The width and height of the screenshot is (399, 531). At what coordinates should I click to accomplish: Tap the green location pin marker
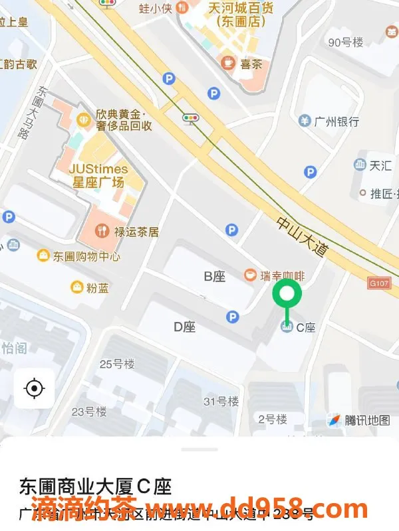point(287,294)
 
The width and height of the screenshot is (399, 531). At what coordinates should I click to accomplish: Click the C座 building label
point(305,327)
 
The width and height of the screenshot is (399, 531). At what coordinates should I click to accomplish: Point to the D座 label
point(184,327)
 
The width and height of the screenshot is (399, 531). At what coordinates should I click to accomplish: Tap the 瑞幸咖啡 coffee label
point(282,275)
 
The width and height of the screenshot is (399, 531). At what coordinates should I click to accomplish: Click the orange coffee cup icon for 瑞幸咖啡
point(250,275)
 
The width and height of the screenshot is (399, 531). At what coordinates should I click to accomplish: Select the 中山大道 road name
point(303,238)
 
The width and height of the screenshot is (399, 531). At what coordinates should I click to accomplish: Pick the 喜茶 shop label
point(250,64)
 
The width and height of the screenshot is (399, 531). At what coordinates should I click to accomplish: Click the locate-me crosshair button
point(34,388)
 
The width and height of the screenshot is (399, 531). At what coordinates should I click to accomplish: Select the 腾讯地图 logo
point(359,420)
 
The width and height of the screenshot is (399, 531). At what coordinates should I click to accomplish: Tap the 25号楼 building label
point(117,364)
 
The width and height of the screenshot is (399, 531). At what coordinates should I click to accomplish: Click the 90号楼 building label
point(346,42)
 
